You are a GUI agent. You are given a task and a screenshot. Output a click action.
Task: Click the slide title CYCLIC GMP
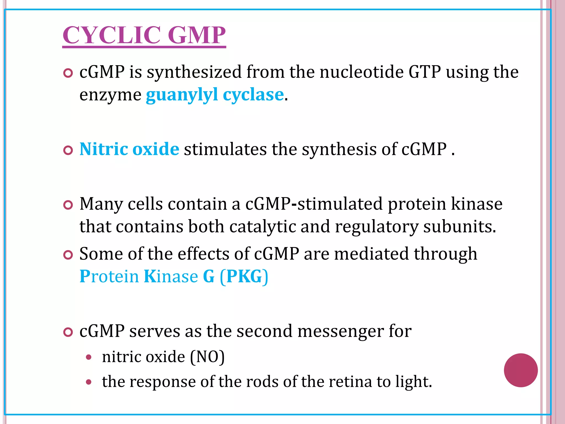144,35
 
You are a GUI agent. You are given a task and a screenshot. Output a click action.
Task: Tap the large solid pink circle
521,370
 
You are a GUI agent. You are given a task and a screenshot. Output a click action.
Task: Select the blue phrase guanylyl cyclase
215,95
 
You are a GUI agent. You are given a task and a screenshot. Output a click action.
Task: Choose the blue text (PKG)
244,276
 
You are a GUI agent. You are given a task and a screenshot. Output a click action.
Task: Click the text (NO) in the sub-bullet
207,357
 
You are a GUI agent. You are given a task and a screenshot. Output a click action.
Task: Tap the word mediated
371,254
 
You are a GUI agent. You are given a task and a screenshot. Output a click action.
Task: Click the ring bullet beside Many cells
68,205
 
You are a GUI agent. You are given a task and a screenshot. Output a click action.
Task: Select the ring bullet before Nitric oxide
68,150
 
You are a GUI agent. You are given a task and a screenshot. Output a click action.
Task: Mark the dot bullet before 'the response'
89,382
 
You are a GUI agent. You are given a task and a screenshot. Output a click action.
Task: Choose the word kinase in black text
476,204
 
